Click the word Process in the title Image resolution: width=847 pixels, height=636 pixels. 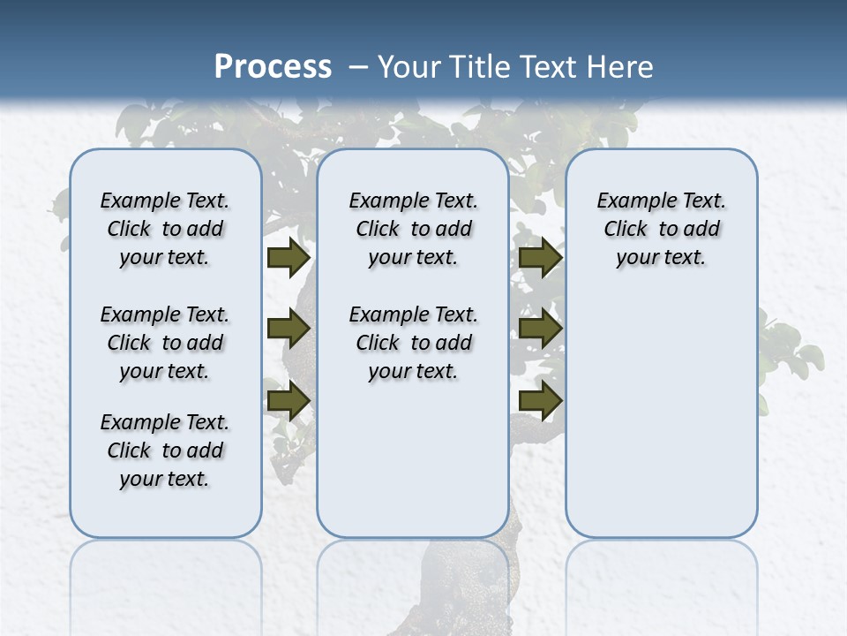(x=273, y=66)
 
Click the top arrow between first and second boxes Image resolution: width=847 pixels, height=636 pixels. (x=288, y=258)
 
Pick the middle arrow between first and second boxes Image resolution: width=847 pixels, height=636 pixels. (x=288, y=329)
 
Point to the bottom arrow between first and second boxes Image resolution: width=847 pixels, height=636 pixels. (x=288, y=400)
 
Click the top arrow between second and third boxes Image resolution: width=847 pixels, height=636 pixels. (x=540, y=258)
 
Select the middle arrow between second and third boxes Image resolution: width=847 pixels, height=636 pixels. (x=540, y=329)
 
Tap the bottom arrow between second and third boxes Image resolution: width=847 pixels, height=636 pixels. (x=540, y=400)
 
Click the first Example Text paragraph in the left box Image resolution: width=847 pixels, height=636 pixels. (x=165, y=229)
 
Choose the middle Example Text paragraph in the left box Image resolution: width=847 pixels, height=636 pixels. (x=165, y=343)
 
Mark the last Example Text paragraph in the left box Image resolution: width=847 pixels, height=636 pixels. (x=165, y=450)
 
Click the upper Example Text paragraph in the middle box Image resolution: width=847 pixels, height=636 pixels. (x=413, y=229)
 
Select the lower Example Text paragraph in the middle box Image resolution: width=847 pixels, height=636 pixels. (x=413, y=343)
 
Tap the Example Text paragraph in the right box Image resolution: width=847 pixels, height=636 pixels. (x=662, y=229)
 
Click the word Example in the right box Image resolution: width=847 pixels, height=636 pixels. (x=630, y=201)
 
